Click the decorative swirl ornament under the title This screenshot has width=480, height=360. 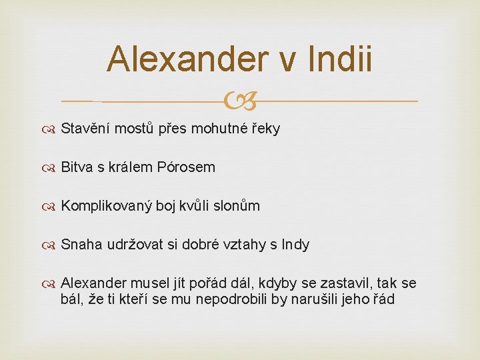240,101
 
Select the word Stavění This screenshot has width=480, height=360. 85,129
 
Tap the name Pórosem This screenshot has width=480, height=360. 187,167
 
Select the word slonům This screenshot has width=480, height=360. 239,206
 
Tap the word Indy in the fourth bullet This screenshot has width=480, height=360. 296,245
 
